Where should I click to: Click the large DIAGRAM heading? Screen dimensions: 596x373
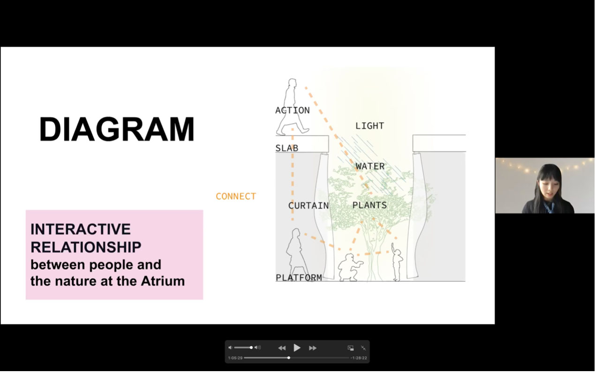(x=117, y=129)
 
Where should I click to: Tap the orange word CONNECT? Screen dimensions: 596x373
(x=236, y=197)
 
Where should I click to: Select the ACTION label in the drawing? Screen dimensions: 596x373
(x=293, y=110)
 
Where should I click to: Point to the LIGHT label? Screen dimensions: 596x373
(x=370, y=125)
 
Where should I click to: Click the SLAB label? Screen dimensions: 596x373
(x=287, y=148)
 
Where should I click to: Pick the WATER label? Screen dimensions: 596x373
(x=370, y=166)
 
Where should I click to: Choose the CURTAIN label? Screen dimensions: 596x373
(x=309, y=205)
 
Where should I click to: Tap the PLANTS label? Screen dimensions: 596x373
(x=370, y=205)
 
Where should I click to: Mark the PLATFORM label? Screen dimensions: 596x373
(x=299, y=278)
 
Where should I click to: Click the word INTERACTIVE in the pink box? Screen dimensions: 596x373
(x=81, y=229)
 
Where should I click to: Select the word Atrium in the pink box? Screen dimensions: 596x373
(x=163, y=281)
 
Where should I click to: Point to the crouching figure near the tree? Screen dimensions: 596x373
(x=350, y=267)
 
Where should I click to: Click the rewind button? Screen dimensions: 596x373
(x=282, y=348)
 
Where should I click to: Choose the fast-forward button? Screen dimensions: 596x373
(x=313, y=348)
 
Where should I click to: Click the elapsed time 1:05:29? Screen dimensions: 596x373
(x=235, y=358)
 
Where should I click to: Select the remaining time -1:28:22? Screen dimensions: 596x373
(x=359, y=358)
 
